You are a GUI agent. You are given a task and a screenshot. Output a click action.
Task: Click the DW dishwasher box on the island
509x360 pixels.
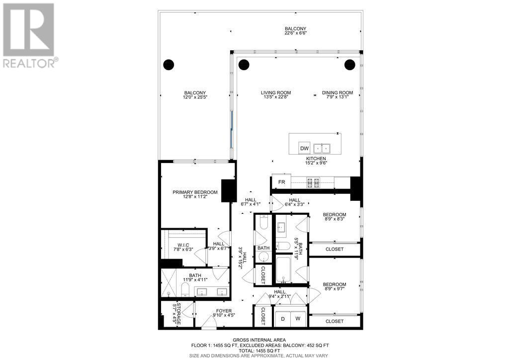[304, 148]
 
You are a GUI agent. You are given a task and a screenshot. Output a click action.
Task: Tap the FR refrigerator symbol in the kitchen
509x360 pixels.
[281, 182]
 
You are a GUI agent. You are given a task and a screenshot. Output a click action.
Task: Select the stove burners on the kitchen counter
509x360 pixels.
[313, 183]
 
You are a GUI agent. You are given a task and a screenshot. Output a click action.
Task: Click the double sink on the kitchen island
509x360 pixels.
[322, 148]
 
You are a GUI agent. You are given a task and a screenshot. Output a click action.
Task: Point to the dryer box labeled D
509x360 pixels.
[283, 319]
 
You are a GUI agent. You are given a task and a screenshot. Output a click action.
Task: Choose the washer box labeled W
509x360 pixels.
[298, 319]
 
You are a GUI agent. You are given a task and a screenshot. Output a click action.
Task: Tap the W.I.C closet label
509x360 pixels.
[183, 245]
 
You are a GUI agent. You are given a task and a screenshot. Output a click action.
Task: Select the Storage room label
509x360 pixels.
[178, 314]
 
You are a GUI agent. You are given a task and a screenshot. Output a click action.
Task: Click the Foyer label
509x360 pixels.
[224, 311]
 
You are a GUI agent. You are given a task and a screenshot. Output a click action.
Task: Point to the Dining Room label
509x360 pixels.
[338, 92]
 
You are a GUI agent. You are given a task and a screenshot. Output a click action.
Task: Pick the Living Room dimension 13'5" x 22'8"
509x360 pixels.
[276, 97]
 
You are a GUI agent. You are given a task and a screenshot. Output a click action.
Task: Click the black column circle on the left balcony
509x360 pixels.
[169, 65]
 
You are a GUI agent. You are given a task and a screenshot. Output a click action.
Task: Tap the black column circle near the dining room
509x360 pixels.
[349, 65]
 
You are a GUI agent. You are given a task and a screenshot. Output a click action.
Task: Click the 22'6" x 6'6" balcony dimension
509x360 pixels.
[296, 33]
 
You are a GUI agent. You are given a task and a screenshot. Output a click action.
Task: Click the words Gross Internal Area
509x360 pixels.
[259, 340]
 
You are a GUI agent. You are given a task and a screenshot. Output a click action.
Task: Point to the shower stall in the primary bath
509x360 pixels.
[169, 283]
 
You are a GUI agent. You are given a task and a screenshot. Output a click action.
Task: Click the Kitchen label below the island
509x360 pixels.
[316, 159]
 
